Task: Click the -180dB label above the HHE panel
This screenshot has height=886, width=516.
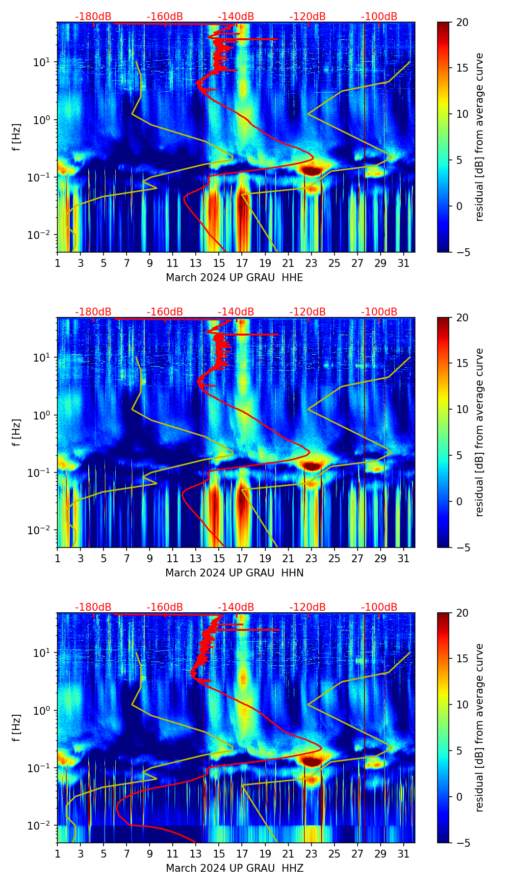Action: pyautogui.click(x=93, y=17)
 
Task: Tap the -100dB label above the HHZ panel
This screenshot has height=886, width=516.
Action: pyautogui.click(x=379, y=607)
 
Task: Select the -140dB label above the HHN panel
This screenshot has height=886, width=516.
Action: pyautogui.click(x=236, y=312)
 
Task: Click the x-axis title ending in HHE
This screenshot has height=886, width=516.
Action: pyautogui.click(x=234, y=278)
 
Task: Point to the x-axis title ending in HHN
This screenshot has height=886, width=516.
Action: pyautogui.click(x=234, y=573)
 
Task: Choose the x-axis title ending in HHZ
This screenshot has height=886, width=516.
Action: pyautogui.click(x=234, y=868)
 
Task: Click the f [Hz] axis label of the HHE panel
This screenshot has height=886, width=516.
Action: pyautogui.click(x=17, y=137)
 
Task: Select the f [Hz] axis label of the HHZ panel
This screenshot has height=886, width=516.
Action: pyautogui.click(x=17, y=728)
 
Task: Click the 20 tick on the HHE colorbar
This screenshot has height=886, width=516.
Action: pyautogui.click(x=463, y=23)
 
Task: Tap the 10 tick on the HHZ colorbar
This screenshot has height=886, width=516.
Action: pyautogui.click(x=463, y=705)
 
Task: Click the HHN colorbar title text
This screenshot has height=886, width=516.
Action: pyautogui.click(x=479, y=432)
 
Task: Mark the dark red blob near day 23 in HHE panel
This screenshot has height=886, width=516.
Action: pyautogui.click(x=311, y=171)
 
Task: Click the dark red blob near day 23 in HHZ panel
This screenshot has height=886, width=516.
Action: pyautogui.click(x=311, y=761)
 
